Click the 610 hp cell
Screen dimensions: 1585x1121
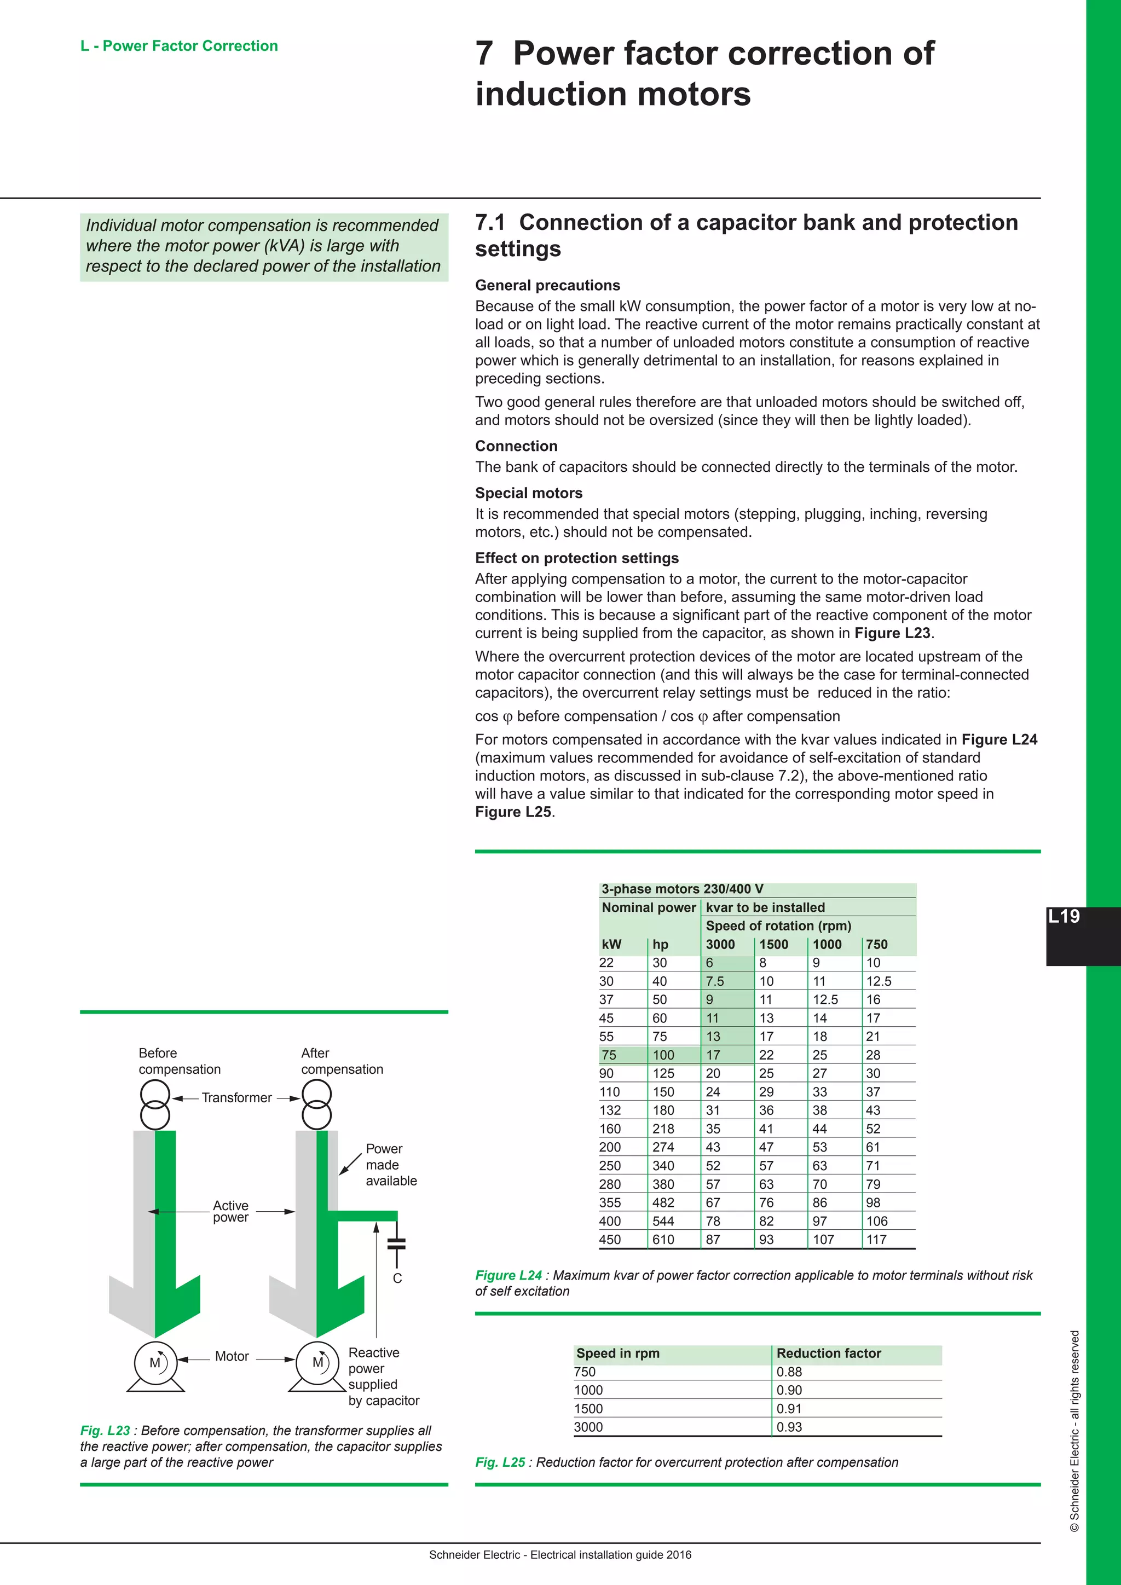(663, 1239)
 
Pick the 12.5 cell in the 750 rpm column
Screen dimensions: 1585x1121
(878, 981)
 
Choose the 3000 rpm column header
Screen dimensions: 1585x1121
(720, 944)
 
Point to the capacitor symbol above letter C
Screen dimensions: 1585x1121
(396, 1243)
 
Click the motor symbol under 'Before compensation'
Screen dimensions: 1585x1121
(155, 1363)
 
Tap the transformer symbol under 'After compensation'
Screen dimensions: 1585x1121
(317, 1104)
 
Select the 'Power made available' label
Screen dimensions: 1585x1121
(391, 1165)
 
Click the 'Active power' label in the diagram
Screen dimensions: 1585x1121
(230, 1211)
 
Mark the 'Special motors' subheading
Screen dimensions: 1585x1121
(528, 493)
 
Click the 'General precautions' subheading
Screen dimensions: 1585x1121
(547, 285)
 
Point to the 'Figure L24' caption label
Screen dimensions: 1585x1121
(508, 1275)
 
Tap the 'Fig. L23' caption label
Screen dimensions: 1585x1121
(105, 1430)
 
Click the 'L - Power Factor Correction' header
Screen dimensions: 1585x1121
(179, 47)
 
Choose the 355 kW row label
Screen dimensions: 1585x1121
(610, 1202)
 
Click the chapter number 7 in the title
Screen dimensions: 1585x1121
(484, 53)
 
